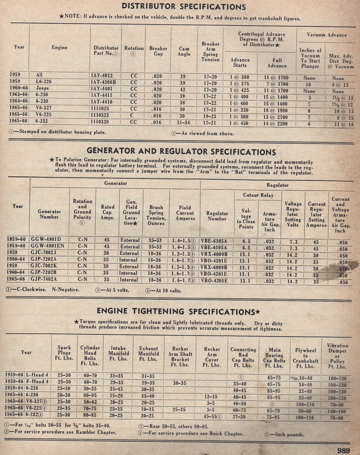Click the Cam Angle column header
coord(184,51)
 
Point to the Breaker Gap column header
coord(158,51)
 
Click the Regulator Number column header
coord(217,216)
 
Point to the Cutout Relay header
coord(257,195)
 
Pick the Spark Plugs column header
coord(64,353)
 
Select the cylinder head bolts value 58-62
coord(90,402)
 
